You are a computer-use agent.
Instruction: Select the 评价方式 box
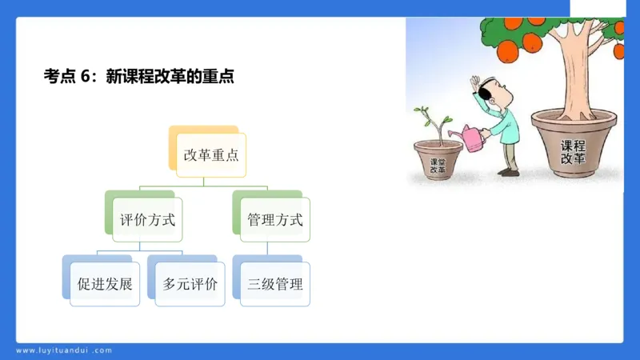(146, 219)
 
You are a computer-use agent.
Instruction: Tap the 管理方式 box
(274, 219)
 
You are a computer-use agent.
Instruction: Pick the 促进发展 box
(104, 284)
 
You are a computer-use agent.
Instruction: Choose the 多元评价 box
(190, 284)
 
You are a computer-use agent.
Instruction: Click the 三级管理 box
(274, 284)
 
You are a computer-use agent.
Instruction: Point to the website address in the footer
(64, 350)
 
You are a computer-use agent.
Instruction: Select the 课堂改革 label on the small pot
(438, 165)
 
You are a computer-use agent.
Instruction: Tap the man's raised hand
(474, 83)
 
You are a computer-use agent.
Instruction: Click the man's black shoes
(508, 171)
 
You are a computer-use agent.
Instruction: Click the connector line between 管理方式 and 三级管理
(274, 250)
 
